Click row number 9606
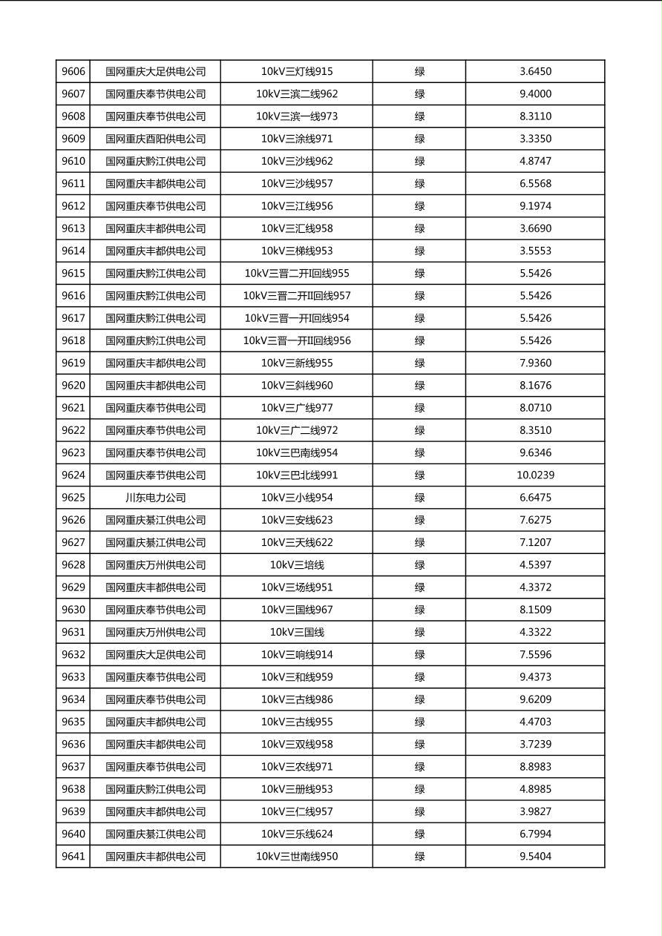tap(73, 72)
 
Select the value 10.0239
tap(535, 475)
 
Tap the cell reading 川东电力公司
tap(155, 498)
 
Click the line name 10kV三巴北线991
tap(297, 475)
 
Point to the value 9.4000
tap(535, 94)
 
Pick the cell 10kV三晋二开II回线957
tap(297, 296)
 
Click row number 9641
tap(73, 857)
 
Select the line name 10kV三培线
tap(297, 565)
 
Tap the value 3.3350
tap(535, 139)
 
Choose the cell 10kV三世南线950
tap(297, 857)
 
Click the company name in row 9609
tap(155, 139)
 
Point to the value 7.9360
tap(535, 363)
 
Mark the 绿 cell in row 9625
tap(419, 498)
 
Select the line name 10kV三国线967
tap(297, 610)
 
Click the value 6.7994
tap(535, 834)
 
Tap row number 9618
tap(73, 341)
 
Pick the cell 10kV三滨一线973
tap(297, 116)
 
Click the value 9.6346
tap(535, 453)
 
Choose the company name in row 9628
tap(155, 565)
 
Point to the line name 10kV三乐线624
tap(297, 834)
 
